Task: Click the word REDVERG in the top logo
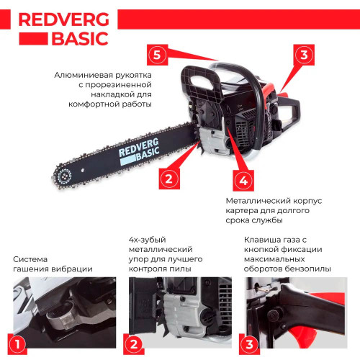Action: [64, 19]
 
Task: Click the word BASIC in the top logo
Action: [80, 39]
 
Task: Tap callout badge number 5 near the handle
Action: [157, 55]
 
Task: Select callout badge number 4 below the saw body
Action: [243, 181]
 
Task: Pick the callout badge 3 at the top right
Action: [304, 55]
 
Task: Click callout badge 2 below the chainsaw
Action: [169, 179]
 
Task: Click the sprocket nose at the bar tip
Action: [64, 177]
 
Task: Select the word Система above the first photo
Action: [30, 259]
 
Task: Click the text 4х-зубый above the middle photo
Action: [148, 240]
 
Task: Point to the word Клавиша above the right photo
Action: [261, 240]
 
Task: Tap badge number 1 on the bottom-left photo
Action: [17, 344]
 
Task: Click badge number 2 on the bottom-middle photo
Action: [134, 344]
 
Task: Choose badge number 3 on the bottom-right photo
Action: [250, 344]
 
